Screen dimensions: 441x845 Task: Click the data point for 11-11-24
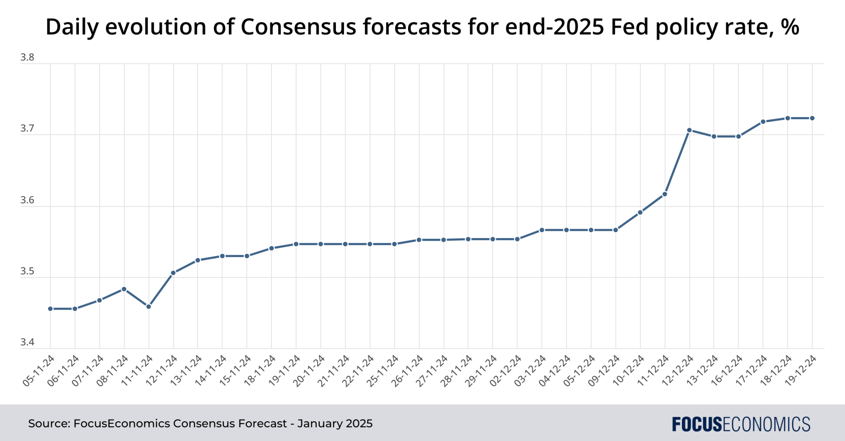point(149,307)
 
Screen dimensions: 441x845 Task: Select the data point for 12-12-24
point(689,130)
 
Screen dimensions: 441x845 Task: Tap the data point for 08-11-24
point(124,289)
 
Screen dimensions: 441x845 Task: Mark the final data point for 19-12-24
point(812,118)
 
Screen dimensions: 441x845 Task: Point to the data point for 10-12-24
point(640,213)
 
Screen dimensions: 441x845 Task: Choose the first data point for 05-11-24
point(50,309)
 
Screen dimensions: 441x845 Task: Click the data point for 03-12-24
point(542,230)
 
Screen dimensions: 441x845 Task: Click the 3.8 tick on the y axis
point(27,58)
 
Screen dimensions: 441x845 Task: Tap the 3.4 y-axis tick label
point(27,342)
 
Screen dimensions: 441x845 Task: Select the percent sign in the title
point(790,27)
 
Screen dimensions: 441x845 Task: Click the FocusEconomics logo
point(741,424)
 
